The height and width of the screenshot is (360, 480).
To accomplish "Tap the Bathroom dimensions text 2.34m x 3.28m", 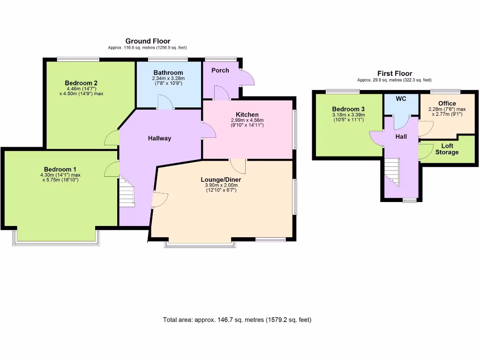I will point(168,78).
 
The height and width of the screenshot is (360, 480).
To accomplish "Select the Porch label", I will point(220,70).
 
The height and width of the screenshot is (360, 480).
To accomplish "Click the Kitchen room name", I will point(247,114).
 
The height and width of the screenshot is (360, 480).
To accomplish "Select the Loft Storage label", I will point(447,149).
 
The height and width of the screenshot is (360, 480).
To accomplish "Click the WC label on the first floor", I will point(401,99).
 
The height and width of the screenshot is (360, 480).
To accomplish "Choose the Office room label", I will point(447,103).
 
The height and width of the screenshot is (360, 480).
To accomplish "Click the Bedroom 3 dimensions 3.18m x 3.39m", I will point(348,114).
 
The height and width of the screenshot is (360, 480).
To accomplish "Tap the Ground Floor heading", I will point(147,41).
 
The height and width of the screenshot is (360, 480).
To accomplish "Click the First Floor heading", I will point(394,74).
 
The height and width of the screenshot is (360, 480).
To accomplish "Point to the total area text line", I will point(237,320).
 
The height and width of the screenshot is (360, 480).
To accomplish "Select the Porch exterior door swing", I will point(247,78).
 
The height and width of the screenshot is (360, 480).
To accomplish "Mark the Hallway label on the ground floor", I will point(159,138).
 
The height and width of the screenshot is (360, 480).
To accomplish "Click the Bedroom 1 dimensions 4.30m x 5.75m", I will point(59,177).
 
